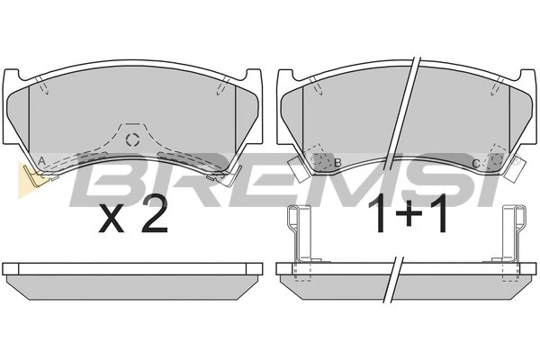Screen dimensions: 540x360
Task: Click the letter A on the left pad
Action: tap(41, 161)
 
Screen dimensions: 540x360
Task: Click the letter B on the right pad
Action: tap(337, 163)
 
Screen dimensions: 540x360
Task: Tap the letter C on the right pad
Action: tap(475, 164)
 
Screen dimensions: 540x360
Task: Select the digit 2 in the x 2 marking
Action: tap(155, 213)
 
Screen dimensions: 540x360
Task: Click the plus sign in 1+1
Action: tap(409, 214)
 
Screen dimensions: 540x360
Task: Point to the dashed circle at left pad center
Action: tap(132, 139)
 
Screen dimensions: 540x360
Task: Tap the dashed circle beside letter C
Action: tap(496, 158)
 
